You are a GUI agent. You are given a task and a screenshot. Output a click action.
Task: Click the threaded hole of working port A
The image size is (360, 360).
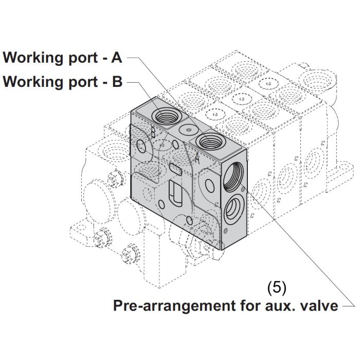[x=210, y=140]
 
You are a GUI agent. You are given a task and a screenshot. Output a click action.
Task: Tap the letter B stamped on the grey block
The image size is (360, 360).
[x=153, y=132]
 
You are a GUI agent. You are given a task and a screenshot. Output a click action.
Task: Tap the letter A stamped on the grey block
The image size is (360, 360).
[x=196, y=154]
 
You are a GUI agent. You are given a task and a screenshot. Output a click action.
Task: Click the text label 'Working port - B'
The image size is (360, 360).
[x=62, y=82]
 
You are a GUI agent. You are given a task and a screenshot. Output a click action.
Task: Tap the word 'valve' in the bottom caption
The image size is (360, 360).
[x=319, y=306]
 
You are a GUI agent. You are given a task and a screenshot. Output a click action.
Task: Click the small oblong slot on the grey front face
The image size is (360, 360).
[x=174, y=169]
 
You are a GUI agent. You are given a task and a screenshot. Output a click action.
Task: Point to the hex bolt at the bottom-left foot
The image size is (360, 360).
[x=128, y=253]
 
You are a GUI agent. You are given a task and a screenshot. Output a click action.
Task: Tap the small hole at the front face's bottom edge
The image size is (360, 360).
[x=190, y=221]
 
